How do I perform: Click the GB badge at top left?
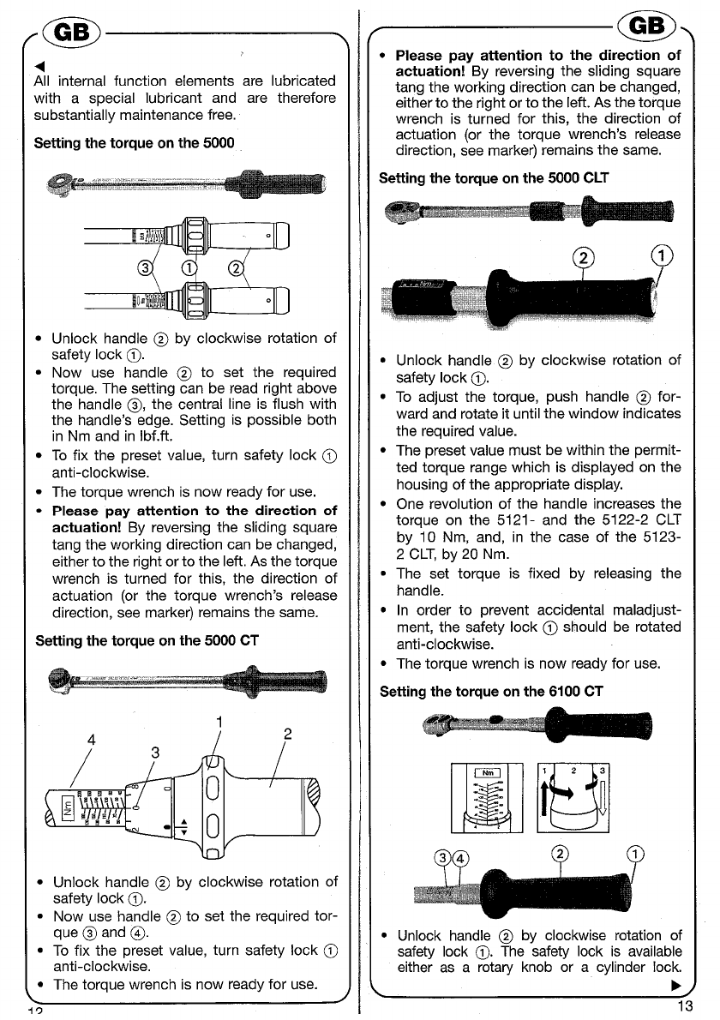point(71,32)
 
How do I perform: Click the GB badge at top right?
point(647,26)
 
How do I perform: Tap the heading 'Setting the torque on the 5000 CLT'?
point(494,178)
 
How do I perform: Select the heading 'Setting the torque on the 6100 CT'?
point(491,692)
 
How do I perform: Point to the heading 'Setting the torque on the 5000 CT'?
point(147,641)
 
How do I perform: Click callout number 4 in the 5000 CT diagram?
point(91,740)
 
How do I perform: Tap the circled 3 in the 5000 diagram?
point(145,267)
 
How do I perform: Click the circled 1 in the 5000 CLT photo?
point(662,255)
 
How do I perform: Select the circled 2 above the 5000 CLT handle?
point(584,258)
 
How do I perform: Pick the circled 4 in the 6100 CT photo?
point(459,858)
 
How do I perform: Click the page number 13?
point(685,1006)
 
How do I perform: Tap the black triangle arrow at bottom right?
point(675,986)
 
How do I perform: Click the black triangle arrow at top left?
point(39,66)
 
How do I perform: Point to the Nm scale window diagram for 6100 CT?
point(487,798)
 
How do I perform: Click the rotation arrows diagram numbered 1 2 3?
point(573,798)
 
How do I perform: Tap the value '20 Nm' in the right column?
point(485,555)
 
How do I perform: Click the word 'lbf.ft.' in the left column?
point(156,436)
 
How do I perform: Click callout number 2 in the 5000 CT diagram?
point(287,734)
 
